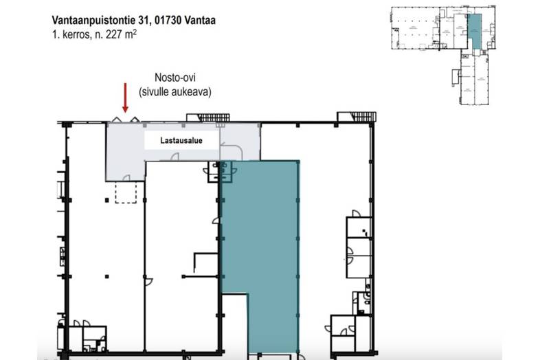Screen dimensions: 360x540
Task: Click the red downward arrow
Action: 125,98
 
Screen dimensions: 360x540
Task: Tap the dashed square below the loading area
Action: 126,193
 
